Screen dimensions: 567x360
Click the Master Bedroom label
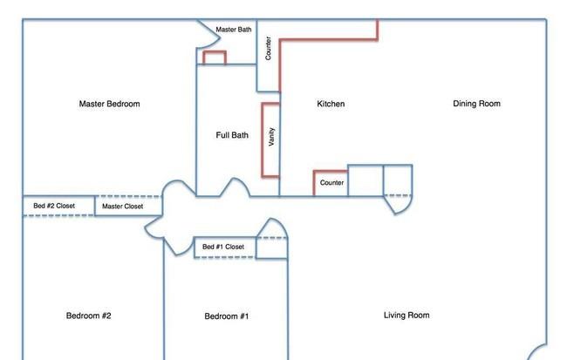pos(109,104)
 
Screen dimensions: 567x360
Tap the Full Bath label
pos(232,135)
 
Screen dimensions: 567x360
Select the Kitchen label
pos(331,104)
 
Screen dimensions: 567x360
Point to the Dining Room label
pos(476,104)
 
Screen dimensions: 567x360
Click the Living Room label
pos(406,316)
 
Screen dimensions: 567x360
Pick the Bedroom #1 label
pos(227,316)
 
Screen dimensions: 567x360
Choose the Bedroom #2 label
pos(89,316)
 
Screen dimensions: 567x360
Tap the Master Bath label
pos(234,30)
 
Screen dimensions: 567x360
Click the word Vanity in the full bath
pos(271,137)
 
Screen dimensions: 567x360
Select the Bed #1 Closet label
pos(223,247)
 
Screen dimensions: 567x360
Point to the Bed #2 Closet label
pos(54,206)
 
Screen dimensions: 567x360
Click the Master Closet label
pos(123,207)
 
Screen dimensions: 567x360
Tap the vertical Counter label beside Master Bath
pos(268,48)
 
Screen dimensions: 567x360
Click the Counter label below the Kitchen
pos(331,183)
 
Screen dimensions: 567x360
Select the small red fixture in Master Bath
pos(215,52)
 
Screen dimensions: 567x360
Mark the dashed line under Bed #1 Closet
pos(224,257)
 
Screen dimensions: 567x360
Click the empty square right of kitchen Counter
pos(365,180)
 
